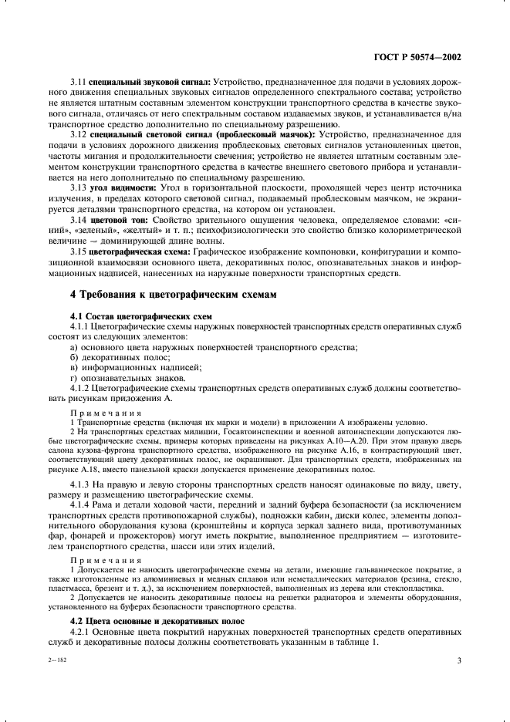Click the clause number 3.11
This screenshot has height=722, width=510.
(78, 81)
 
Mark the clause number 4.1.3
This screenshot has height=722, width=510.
(80, 484)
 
